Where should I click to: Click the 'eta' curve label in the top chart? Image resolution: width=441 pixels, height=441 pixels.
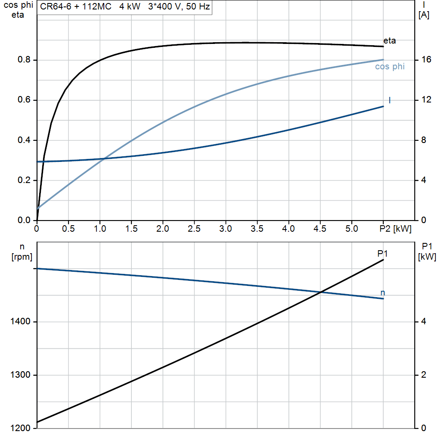click(x=389, y=41)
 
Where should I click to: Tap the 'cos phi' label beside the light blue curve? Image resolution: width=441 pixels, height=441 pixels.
click(x=390, y=67)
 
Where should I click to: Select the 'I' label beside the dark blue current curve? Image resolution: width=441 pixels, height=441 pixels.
click(x=389, y=100)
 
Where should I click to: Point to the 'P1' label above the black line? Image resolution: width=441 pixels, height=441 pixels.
click(x=382, y=254)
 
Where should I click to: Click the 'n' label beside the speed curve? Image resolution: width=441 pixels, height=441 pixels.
click(x=382, y=293)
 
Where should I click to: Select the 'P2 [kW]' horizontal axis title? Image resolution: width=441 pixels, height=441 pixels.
click(x=395, y=229)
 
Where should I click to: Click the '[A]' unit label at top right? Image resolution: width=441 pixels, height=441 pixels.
click(x=424, y=15)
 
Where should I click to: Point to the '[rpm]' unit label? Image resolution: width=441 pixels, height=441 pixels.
click(x=22, y=257)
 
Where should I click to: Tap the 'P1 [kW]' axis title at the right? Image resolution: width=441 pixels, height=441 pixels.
click(x=427, y=252)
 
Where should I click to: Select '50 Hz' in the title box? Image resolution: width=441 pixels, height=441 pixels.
click(x=198, y=6)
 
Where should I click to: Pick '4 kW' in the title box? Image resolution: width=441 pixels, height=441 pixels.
click(x=130, y=6)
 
